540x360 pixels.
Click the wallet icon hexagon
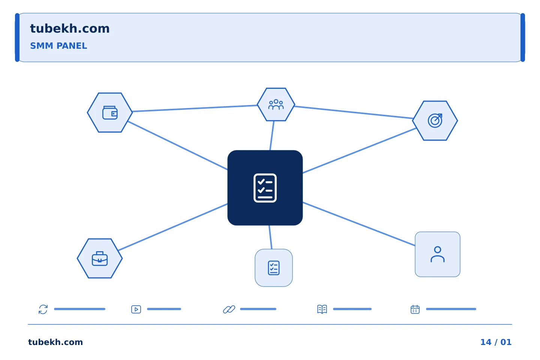click(x=110, y=112)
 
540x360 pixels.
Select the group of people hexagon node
click(x=276, y=104)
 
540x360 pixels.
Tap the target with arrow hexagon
click(x=435, y=121)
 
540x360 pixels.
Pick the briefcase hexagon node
click(x=100, y=258)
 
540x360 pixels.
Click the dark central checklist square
click(x=265, y=188)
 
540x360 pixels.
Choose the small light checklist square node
click(x=274, y=268)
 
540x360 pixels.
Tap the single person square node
click(x=438, y=254)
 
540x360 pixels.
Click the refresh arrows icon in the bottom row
click(x=43, y=309)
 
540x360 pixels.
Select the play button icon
click(x=136, y=309)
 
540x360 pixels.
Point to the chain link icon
click(x=229, y=309)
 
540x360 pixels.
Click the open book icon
click(x=322, y=309)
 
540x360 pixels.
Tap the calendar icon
click(x=415, y=309)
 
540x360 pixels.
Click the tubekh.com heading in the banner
click(x=70, y=28)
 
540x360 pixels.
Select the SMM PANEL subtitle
click(x=58, y=46)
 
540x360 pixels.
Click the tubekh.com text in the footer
click(x=55, y=342)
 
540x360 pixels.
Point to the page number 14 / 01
click(x=496, y=342)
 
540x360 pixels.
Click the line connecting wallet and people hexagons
click(x=195, y=108)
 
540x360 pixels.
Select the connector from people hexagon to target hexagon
click(x=354, y=112)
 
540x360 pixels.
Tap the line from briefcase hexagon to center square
click(x=173, y=227)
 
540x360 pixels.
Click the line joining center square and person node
click(x=359, y=224)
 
